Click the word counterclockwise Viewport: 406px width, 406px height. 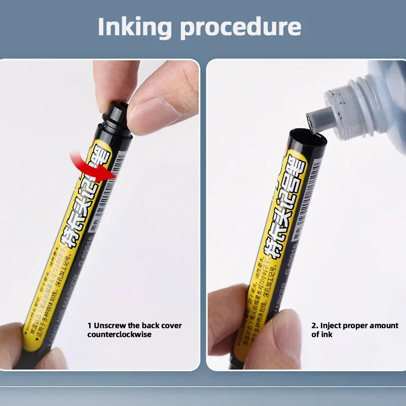point(119,334)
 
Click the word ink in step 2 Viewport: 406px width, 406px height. point(328,334)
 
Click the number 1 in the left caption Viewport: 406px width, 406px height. point(89,326)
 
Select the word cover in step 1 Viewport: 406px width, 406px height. point(171,326)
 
